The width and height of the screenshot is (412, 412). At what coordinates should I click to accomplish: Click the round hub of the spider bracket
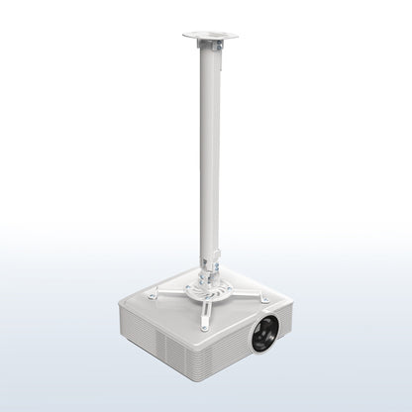(x=209, y=294)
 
